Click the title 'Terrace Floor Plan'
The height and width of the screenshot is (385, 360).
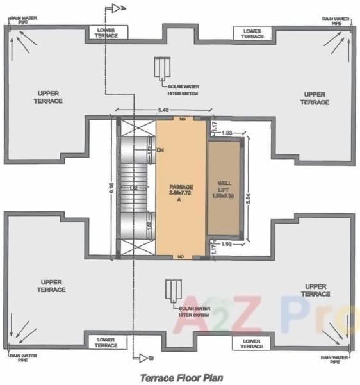[x=181, y=378]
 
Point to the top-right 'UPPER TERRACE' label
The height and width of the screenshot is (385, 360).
[x=315, y=98]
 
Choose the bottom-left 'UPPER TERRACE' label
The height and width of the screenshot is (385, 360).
[x=52, y=286]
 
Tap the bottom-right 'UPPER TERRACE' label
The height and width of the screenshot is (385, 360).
[x=316, y=290]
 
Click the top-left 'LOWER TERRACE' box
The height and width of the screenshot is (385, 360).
[x=107, y=33]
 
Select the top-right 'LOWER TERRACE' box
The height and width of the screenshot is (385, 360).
[x=252, y=33]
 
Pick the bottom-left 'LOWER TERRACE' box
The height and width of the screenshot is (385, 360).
[x=106, y=342]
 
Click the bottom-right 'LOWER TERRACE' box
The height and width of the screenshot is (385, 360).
[x=252, y=342]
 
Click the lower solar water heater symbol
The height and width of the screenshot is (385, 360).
[x=172, y=291]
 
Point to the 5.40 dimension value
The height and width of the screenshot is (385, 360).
[x=163, y=111]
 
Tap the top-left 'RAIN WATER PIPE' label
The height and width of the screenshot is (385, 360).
[x=20, y=20]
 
